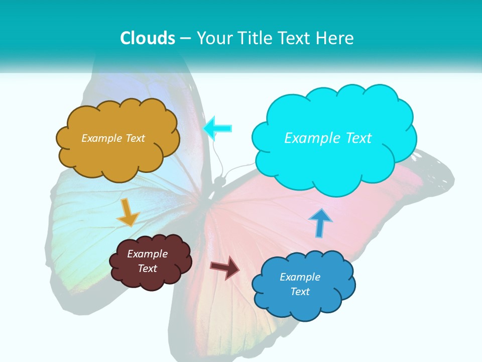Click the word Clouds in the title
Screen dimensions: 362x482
pos(148,38)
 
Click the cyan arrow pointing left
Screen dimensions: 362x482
pos(218,128)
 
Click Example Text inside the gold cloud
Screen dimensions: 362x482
pos(113,138)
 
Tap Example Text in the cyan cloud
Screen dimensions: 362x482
pos(328,138)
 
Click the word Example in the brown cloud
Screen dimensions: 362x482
pos(147,254)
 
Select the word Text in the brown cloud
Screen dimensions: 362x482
pos(147,268)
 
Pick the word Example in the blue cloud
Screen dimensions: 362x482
pos(300,277)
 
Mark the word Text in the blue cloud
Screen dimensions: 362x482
pos(300,292)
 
